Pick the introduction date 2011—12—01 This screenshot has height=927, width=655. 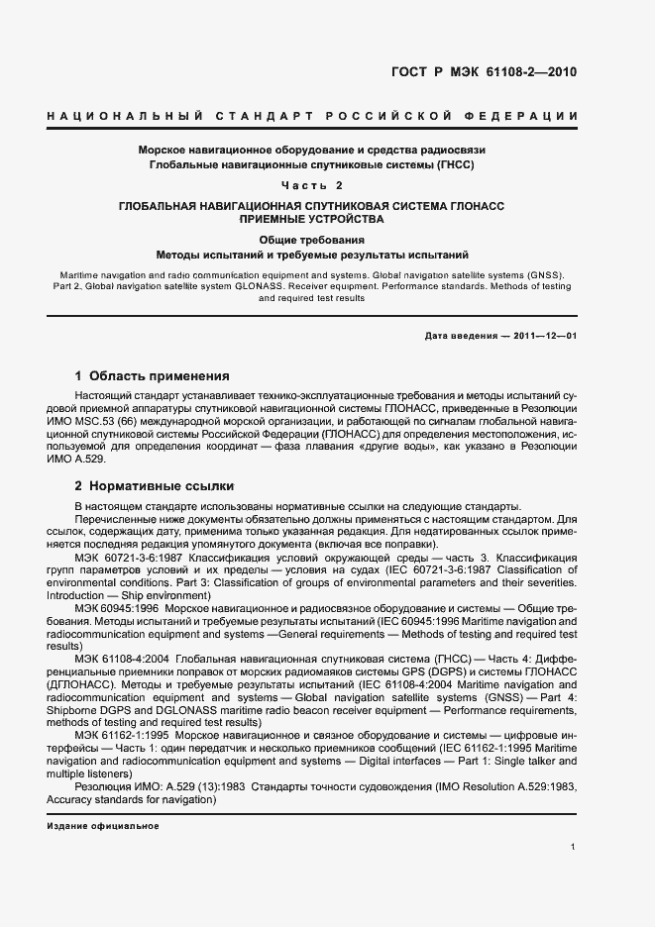click(x=544, y=336)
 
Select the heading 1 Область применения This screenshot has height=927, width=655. click(x=153, y=376)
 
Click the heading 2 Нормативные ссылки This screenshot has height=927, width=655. click(x=155, y=487)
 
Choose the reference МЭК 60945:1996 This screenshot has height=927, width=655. click(x=121, y=607)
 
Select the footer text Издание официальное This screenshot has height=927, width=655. click(x=103, y=826)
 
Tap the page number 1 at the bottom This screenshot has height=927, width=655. click(x=573, y=847)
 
